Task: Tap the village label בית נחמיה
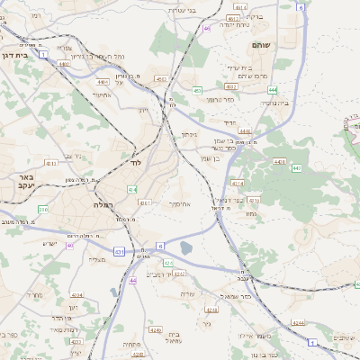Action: point(250,104)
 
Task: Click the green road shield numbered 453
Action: point(197,90)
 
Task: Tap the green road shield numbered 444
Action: point(272,90)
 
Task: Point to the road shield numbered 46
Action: point(207,28)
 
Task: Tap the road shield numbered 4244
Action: point(297,322)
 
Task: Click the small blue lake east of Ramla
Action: point(186,247)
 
